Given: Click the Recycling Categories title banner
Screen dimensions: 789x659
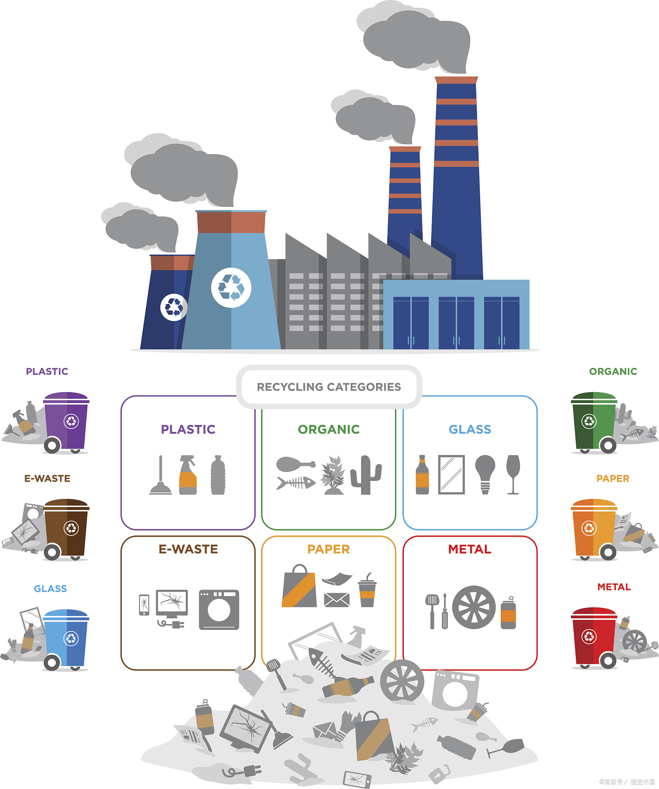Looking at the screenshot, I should point(329,387).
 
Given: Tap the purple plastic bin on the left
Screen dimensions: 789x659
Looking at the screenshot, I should point(66,422).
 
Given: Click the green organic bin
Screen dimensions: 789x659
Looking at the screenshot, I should point(593,422).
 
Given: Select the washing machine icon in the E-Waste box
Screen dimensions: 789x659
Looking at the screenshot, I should point(219,609).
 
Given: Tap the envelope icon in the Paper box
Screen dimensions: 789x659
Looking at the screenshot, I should point(337,599).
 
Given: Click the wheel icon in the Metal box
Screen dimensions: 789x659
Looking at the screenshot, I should point(474,608).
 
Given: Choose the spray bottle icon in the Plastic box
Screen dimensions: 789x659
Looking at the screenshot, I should point(188,475).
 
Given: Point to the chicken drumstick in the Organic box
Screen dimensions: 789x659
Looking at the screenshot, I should point(295,464).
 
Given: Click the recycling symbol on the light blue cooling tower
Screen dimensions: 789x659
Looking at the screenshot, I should point(231,288).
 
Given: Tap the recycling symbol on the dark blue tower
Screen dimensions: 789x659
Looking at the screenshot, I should point(174,307).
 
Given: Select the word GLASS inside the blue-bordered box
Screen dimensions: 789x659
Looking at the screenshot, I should point(470,429).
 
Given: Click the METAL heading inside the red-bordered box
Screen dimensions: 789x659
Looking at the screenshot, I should point(470,549).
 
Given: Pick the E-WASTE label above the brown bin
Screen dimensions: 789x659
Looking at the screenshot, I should point(47,478).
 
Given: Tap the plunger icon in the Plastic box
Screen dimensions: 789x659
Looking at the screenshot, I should point(161,476).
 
